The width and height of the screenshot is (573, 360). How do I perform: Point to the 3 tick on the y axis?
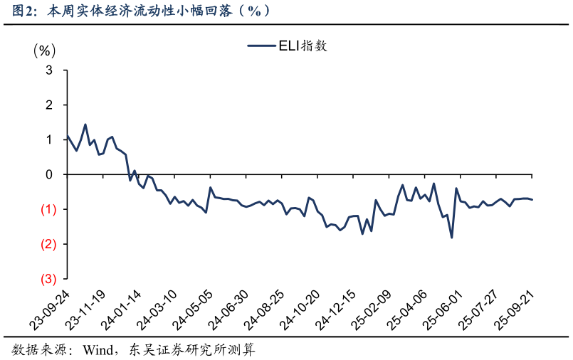(x=49, y=70)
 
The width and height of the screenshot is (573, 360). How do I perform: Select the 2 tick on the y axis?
(x=49, y=105)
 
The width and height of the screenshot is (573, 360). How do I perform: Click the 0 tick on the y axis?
(x=49, y=175)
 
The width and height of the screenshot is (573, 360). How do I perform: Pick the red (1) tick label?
(x=48, y=209)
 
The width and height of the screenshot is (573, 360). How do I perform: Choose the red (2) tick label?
(x=48, y=244)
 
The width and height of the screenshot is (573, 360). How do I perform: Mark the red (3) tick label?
(x=48, y=279)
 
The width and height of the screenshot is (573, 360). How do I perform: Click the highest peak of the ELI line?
(x=85, y=125)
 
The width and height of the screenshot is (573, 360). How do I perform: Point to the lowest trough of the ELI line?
(x=452, y=238)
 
